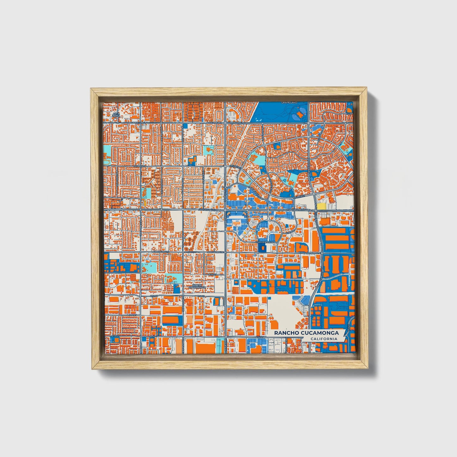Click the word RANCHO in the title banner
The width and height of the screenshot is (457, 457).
[287, 333]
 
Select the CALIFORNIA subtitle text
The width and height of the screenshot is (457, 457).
[324, 339]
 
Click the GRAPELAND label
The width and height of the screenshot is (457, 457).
[289, 103]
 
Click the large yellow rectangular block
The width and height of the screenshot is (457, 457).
[321, 206]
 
